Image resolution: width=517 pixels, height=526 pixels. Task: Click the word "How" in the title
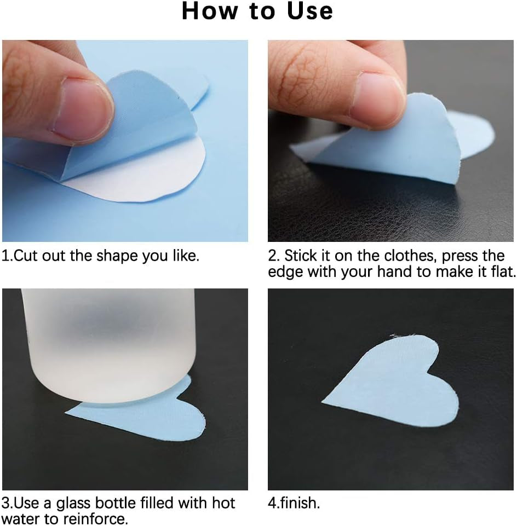pyautogui.click(x=210, y=11)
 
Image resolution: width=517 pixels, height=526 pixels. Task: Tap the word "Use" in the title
pyautogui.click(x=310, y=11)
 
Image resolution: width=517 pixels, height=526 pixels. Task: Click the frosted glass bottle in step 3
pyautogui.click(x=108, y=345)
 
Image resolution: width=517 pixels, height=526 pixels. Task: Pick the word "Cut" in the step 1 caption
pyautogui.click(x=26, y=256)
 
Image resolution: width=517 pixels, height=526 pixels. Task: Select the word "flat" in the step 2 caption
pyautogui.click(x=502, y=271)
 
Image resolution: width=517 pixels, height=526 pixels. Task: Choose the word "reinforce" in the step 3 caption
pyautogui.click(x=94, y=519)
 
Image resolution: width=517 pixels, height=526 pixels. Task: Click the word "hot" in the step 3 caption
pyautogui.click(x=223, y=503)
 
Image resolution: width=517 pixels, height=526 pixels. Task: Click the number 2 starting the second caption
pyautogui.click(x=273, y=256)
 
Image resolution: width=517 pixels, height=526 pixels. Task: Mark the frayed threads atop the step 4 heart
pyautogui.click(x=403, y=336)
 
